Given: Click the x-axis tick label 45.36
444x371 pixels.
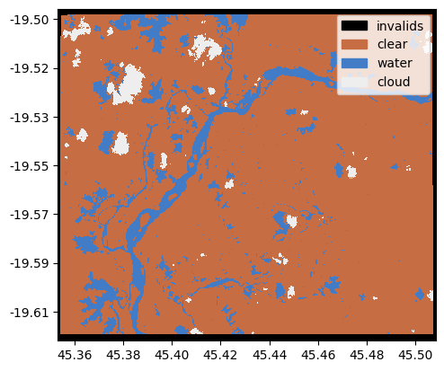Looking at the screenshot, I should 74,357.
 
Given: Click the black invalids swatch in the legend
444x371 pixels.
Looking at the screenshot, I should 355,26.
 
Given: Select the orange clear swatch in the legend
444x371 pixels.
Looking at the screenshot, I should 355,44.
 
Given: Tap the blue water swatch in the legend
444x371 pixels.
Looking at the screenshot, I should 355,63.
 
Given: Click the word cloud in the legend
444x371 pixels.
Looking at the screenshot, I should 394,82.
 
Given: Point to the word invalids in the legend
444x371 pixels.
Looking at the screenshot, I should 400,26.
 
